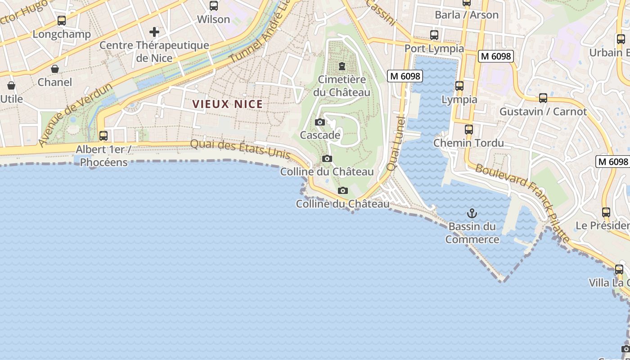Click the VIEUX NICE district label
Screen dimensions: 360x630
tap(227, 104)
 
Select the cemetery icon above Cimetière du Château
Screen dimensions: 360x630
tap(342, 67)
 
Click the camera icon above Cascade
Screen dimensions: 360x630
tap(320, 122)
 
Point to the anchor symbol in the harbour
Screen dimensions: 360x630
tap(472, 213)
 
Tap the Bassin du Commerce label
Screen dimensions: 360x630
tap(472, 233)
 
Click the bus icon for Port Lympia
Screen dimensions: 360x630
tap(434, 35)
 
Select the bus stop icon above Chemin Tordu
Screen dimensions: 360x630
tap(469, 130)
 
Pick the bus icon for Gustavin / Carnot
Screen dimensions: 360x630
tap(543, 98)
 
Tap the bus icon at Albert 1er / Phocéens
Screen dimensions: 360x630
tap(103, 135)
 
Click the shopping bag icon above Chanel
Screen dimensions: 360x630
tap(55, 69)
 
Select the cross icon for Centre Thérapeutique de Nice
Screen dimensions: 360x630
tap(154, 32)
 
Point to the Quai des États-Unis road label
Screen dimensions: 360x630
tap(240, 149)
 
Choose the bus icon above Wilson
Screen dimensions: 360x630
tap(214, 6)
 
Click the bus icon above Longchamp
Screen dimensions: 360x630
tap(62, 21)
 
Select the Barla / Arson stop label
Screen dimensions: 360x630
tap(467, 15)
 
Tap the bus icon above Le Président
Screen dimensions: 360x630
tap(606, 212)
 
